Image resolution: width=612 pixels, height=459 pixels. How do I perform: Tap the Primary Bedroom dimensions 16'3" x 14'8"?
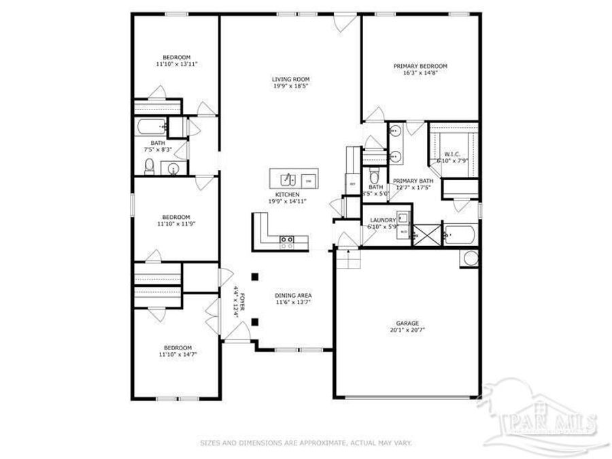pos(420,73)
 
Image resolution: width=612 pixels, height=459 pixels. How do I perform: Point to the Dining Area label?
pos(293,295)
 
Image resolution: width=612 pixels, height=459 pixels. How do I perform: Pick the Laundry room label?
pos(383,220)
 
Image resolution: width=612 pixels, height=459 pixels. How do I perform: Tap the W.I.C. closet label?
pos(453,155)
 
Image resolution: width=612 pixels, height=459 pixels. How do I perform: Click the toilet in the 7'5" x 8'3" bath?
pos(149,166)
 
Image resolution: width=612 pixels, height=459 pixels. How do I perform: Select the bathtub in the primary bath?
pos(462,237)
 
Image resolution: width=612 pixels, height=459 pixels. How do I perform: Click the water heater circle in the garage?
pos(471,258)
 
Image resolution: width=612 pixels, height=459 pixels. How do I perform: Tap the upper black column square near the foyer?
pos(254,276)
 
